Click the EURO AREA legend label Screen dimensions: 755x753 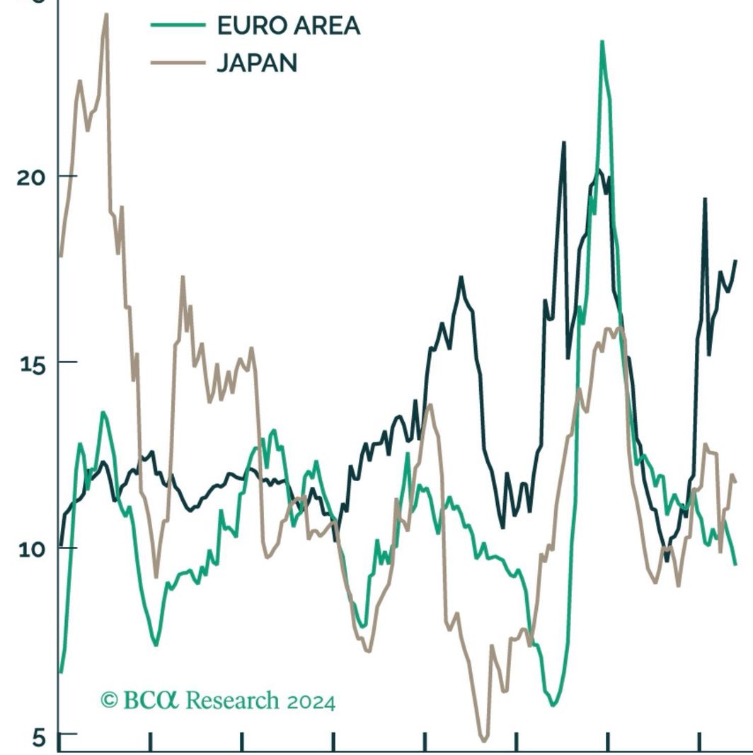pyautogui.click(x=288, y=26)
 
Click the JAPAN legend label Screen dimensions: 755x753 pyautogui.click(x=256, y=63)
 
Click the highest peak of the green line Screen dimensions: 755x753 pyautogui.click(x=602, y=42)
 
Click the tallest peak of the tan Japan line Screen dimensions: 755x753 pyautogui.click(x=106, y=13)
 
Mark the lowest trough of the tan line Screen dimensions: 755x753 pyautogui.click(x=484, y=740)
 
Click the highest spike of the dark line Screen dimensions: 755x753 pyautogui.click(x=564, y=142)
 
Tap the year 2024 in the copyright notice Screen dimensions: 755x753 pyautogui.click(x=311, y=702)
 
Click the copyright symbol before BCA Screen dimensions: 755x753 pyautogui.click(x=109, y=701)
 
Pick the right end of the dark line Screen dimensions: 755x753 pyautogui.click(x=735, y=261)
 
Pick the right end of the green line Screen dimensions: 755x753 pyautogui.click(x=735, y=564)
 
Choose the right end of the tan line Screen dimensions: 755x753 pyautogui.click(x=735, y=481)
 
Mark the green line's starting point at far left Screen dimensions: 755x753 pyautogui.click(x=61, y=672)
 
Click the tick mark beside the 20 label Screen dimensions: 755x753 pyautogui.click(x=68, y=175)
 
